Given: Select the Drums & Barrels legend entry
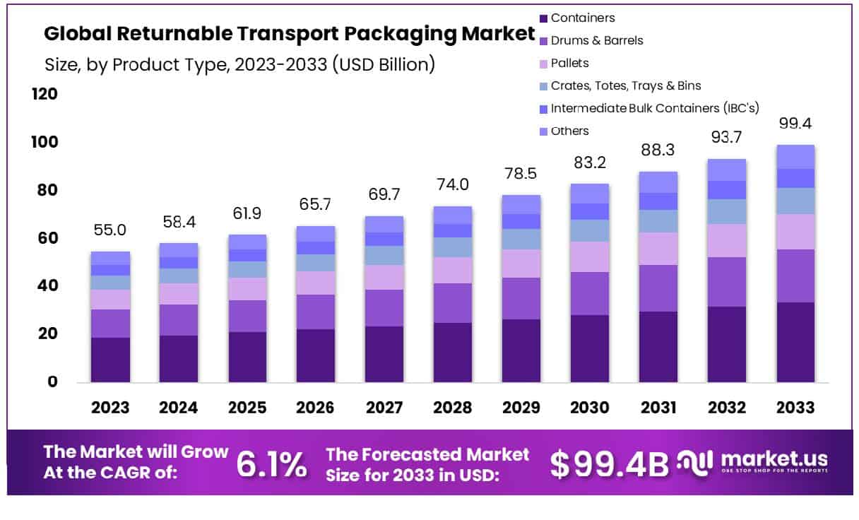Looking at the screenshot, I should coord(596,41).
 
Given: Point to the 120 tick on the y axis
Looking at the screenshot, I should coord(45,95).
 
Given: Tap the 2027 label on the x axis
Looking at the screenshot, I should coord(384,408).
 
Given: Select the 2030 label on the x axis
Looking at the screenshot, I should coord(590,408).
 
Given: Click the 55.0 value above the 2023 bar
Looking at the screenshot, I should coord(110,231).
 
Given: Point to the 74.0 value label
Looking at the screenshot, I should coord(453,186).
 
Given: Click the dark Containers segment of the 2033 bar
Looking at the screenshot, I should coord(796,342).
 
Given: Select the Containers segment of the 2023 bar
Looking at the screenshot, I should coord(110,360).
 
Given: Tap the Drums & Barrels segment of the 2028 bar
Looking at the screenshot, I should coord(453,303).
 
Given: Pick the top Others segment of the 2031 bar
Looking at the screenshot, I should coord(658,182).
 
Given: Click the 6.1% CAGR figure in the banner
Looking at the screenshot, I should coord(271,464).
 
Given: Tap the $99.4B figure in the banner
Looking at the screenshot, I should coord(609,464).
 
